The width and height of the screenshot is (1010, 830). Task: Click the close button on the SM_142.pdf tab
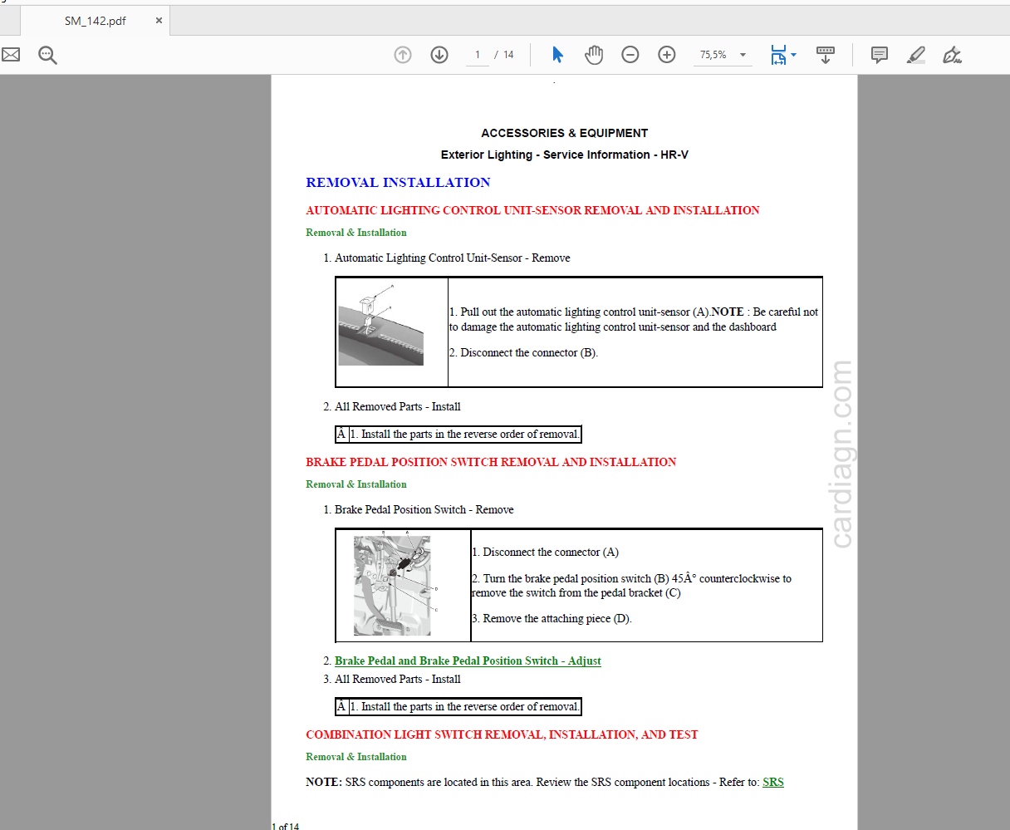(x=159, y=21)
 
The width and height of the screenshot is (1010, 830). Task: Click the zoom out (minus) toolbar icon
(x=630, y=55)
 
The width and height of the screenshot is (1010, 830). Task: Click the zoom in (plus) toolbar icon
(x=667, y=55)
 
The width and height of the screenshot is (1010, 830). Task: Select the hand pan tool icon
(x=594, y=55)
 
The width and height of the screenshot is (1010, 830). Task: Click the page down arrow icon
(x=439, y=55)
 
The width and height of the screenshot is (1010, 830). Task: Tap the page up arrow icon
(x=403, y=55)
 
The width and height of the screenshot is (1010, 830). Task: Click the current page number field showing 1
(x=478, y=55)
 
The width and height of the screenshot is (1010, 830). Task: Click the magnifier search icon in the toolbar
(x=47, y=56)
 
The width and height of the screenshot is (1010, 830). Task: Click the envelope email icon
(x=11, y=55)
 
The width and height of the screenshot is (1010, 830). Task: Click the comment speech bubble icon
(x=879, y=55)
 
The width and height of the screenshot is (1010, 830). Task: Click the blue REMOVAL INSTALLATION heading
(x=398, y=183)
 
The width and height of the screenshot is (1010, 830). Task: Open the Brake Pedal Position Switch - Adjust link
(x=468, y=661)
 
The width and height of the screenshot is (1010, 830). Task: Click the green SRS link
(x=772, y=782)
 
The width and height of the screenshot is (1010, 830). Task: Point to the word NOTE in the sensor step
(x=728, y=312)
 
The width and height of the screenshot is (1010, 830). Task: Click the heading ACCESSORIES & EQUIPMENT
(x=564, y=133)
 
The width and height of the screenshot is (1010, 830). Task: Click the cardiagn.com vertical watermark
(x=841, y=454)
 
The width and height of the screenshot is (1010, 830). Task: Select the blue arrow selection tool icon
(x=557, y=55)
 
